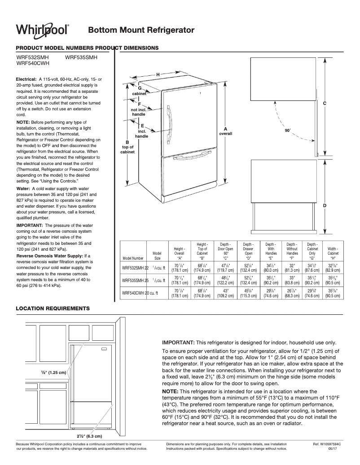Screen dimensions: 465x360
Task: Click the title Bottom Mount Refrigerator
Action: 141,30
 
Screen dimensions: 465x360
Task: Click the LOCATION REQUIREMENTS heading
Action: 53,309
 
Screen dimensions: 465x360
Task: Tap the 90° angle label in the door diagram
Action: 288,130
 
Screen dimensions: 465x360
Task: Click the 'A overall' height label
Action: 225,131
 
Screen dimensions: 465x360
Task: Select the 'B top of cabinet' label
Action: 127,147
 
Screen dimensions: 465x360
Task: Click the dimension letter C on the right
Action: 324,104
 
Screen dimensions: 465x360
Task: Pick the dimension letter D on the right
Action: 324,205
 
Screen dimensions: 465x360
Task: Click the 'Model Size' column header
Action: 157,256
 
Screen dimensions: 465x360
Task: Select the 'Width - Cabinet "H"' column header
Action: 333,253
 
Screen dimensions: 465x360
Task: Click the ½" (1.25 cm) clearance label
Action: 53,373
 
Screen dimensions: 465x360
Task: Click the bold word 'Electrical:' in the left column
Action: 26,79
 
